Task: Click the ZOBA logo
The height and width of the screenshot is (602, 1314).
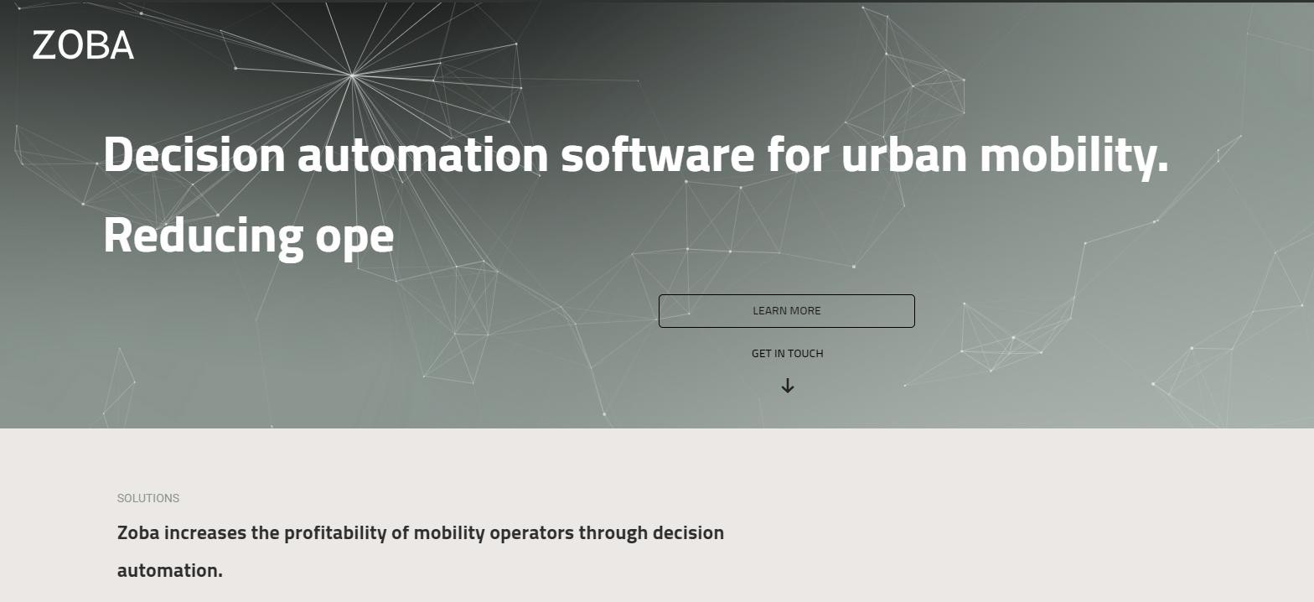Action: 83,45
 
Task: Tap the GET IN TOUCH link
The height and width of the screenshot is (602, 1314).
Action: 787,354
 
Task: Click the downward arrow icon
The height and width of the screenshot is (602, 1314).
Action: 788,386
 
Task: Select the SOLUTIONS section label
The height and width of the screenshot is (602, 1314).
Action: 148,498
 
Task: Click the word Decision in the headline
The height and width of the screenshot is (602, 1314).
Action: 194,154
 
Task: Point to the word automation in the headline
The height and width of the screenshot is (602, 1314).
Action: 423,154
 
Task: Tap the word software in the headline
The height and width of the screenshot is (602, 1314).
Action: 658,154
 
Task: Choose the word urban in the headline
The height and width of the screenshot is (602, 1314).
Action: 904,154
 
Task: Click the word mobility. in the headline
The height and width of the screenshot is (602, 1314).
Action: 1074,155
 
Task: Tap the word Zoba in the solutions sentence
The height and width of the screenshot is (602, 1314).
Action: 138,532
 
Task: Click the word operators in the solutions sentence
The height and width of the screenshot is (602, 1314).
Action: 531,534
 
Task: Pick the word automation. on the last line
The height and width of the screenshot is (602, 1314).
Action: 170,571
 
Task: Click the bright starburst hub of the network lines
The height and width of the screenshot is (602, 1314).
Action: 352,75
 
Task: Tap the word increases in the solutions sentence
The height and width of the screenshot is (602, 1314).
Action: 205,532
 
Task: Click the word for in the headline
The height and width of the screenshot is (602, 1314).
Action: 799,154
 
